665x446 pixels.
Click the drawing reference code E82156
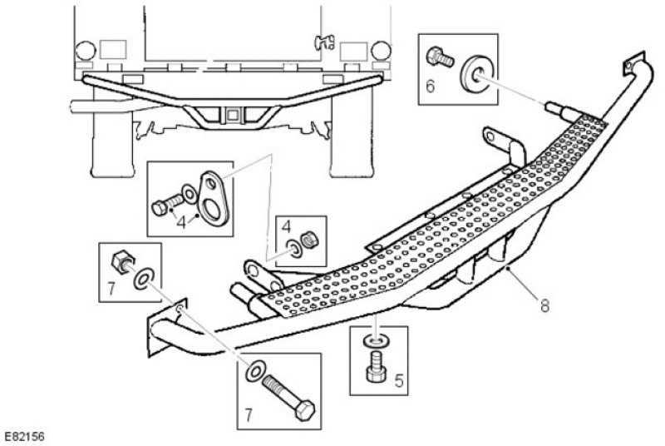(24, 437)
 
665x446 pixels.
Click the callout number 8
(544, 305)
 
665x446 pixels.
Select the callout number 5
(399, 380)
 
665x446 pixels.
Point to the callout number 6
(430, 87)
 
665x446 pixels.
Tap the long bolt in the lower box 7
(288, 398)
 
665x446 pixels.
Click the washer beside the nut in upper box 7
(144, 279)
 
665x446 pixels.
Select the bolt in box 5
(376, 366)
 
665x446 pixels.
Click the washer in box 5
(375, 340)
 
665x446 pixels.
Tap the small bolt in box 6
(440, 57)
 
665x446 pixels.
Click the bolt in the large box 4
(167, 204)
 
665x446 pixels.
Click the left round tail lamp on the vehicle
(86, 51)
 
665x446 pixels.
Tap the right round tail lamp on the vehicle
(381, 51)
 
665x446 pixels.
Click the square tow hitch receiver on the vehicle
(233, 115)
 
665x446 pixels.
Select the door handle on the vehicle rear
(324, 42)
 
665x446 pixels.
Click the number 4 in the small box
(286, 227)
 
